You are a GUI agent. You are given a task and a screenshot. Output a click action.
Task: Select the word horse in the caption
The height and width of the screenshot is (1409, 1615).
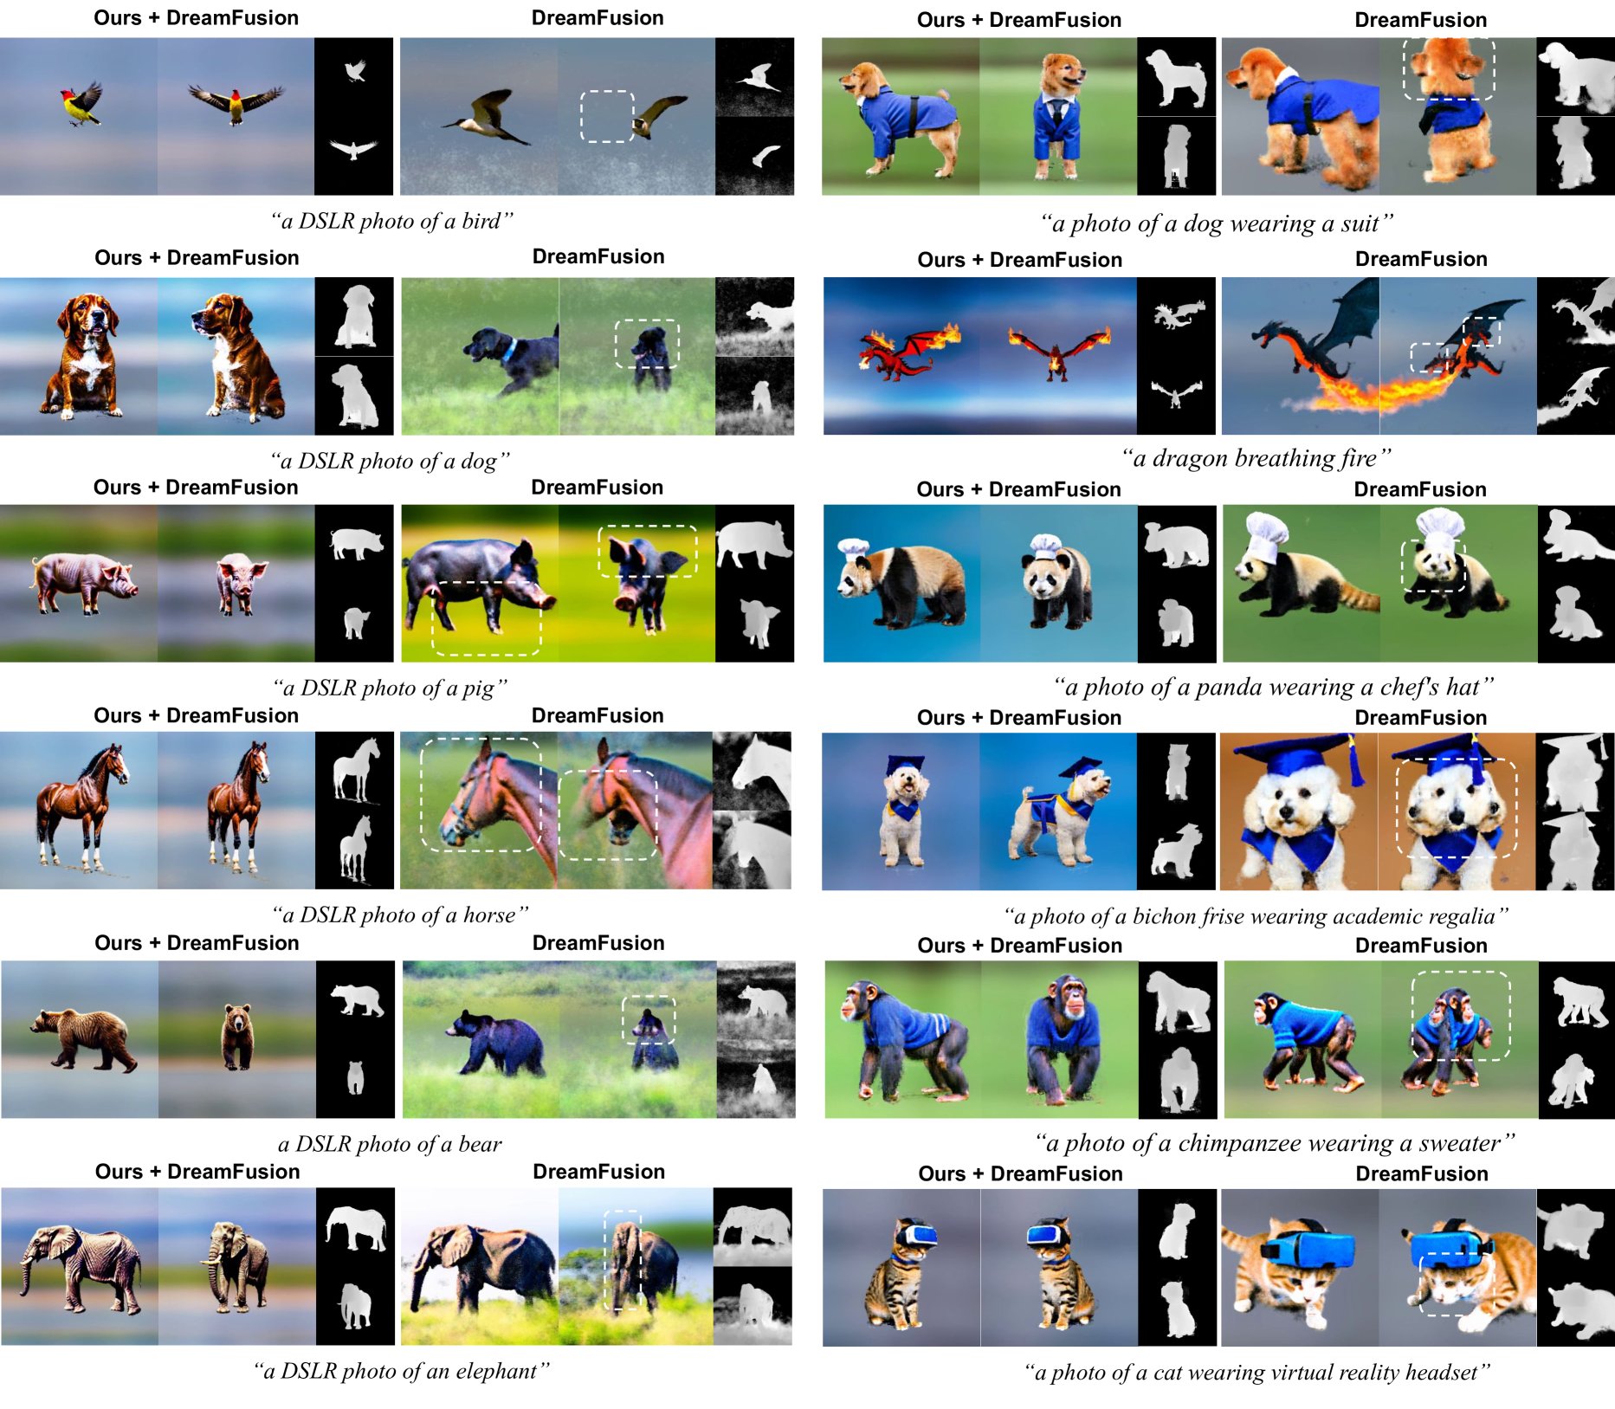pos(489,915)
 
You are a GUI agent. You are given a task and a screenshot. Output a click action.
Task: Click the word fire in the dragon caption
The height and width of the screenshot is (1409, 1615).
pos(1358,458)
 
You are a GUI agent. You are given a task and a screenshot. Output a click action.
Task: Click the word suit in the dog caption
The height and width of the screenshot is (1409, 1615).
pos(1360,224)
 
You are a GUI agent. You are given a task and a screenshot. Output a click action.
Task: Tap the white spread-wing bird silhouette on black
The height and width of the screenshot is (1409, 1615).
pos(353,149)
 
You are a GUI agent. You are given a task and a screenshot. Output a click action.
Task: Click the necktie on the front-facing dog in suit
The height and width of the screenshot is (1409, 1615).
pos(1057,113)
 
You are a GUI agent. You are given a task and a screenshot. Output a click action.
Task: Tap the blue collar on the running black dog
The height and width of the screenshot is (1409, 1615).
pos(512,350)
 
